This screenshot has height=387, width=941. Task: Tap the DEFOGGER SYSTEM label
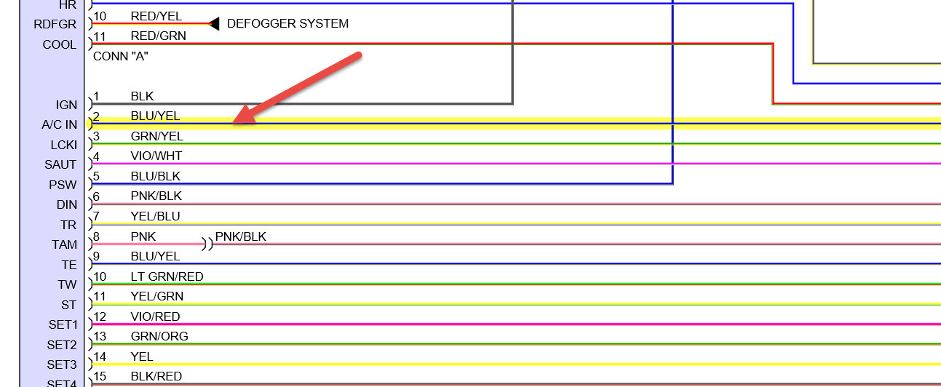point(287,23)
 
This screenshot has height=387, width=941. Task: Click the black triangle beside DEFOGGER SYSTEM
point(215,24)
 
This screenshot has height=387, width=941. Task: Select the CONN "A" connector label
point(121,55)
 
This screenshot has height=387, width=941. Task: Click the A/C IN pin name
point(59,125)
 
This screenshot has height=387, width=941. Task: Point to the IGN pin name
point(65,105)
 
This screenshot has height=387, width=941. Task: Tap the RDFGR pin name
point(55,25)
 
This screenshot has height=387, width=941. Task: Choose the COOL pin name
point(59,44)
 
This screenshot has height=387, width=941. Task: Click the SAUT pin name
point(60,165)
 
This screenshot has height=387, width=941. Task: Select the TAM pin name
point(64,245)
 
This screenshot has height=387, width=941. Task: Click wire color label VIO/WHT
point(156,156)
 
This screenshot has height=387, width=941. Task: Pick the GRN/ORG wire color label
point(159,336)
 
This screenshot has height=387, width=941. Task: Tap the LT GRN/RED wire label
point(167,276)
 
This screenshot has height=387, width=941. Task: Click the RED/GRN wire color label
point(158,36)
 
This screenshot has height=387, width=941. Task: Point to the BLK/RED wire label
point(156,376)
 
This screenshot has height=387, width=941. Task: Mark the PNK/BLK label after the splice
point(241,236)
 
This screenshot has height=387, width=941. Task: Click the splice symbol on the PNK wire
point(208,244)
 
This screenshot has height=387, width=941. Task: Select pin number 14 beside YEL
point(100,356)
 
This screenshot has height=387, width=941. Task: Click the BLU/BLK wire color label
point(156,176)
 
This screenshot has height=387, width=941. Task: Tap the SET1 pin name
point(62,325)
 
